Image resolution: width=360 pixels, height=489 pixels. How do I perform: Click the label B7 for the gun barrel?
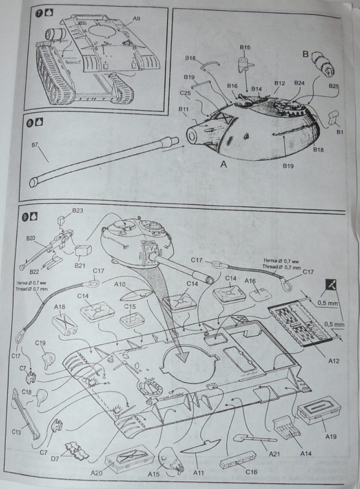tap(35, 145)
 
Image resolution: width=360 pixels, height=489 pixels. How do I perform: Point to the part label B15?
tap(245, 48)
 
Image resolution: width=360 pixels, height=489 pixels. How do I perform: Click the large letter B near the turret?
tap(305, 54)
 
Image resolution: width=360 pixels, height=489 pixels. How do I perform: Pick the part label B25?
tap(333, 86)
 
